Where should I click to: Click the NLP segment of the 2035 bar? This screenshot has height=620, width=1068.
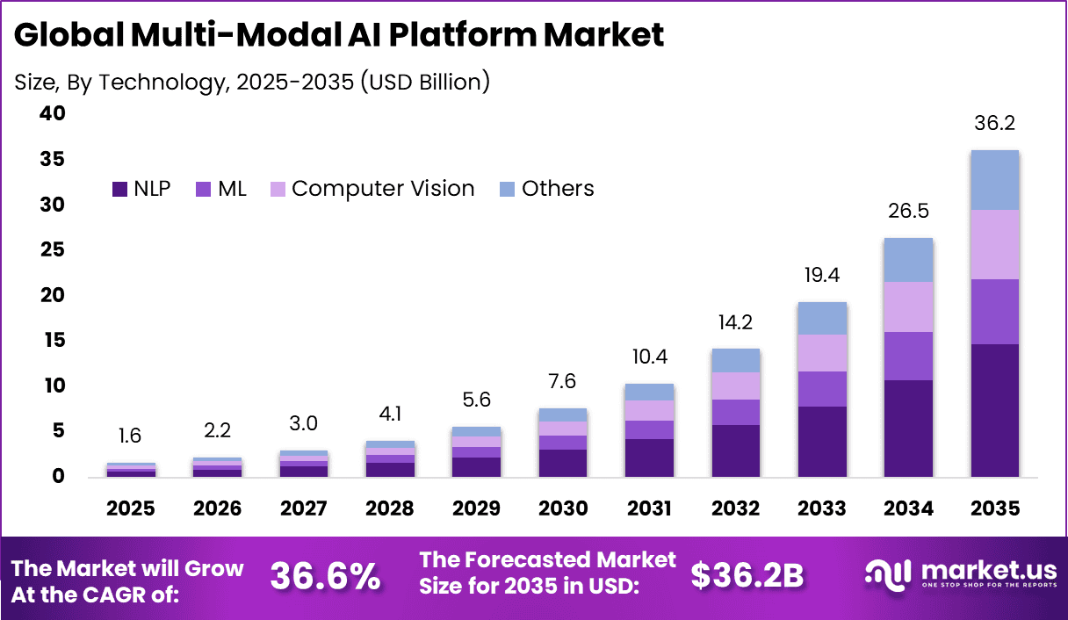tap(994, 410)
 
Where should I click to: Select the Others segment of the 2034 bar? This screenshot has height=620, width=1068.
tap(908, 260)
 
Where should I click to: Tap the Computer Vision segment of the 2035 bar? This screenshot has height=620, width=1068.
tap(994, 244)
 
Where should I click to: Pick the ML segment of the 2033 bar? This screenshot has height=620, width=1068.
tap(822, 389)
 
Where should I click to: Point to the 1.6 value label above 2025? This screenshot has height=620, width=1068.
tap(130, 436)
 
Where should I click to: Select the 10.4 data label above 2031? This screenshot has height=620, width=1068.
tap(649, 357)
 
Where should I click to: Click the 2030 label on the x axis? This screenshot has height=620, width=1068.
tap(563, 508)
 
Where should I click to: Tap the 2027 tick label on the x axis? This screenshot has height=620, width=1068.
tap(304, 508)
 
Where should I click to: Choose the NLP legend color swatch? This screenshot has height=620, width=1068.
tap(120, 189)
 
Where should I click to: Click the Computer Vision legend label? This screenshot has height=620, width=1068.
tap(383, 189)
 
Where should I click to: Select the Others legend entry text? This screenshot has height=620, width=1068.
tap(558, 189)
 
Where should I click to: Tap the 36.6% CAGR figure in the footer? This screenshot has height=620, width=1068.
tap(325, 576)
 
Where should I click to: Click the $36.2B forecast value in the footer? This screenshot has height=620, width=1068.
tap(747, 576)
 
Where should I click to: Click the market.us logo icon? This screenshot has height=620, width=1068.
tap(889, 574)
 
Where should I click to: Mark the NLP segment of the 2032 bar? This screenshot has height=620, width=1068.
tap(736, 451)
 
